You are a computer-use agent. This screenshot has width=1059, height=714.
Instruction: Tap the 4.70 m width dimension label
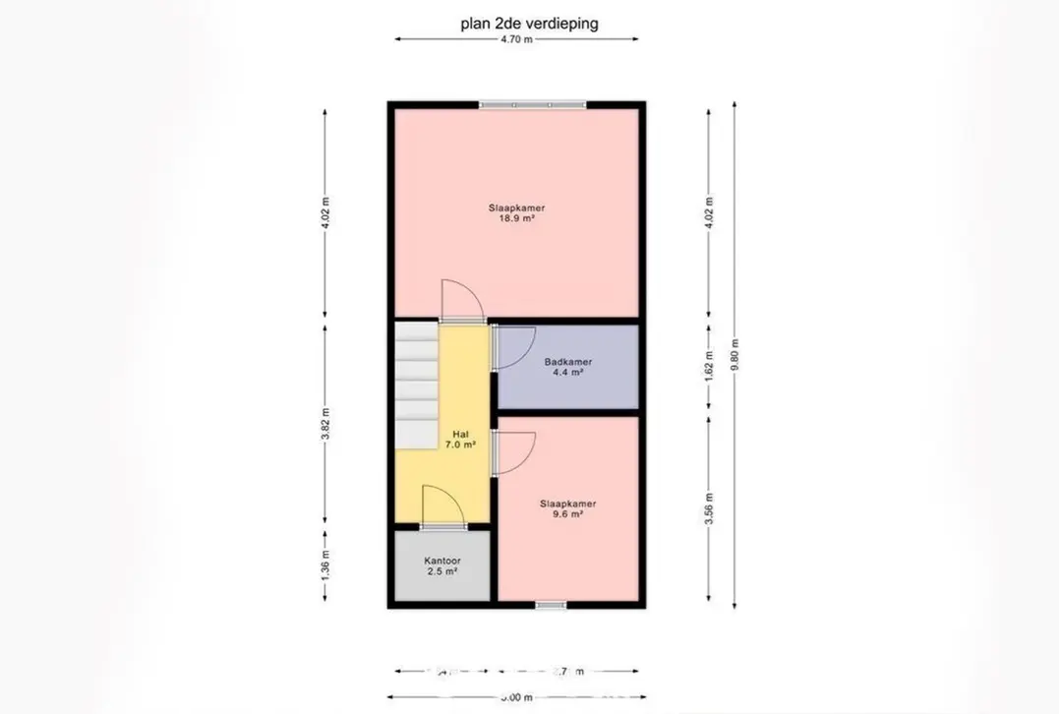pos(516,40)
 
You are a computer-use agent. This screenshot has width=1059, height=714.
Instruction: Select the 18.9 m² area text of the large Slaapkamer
pos(516,220)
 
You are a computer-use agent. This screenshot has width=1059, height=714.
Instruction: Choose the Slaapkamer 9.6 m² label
pos(567,507)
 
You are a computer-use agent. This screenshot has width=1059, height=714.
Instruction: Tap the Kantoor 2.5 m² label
pos(442,565)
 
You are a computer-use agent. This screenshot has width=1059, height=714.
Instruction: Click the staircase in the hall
pos(415,384)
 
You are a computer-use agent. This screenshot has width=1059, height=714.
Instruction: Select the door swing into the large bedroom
pos(460,299)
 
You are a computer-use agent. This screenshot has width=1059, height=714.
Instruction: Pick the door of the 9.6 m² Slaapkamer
pos(513,452)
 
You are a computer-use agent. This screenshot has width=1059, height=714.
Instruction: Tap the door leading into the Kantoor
pos(441,506)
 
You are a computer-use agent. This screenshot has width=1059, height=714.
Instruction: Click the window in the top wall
pos(532,104)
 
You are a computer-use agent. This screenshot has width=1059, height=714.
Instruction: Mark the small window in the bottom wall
pos(551,605)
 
